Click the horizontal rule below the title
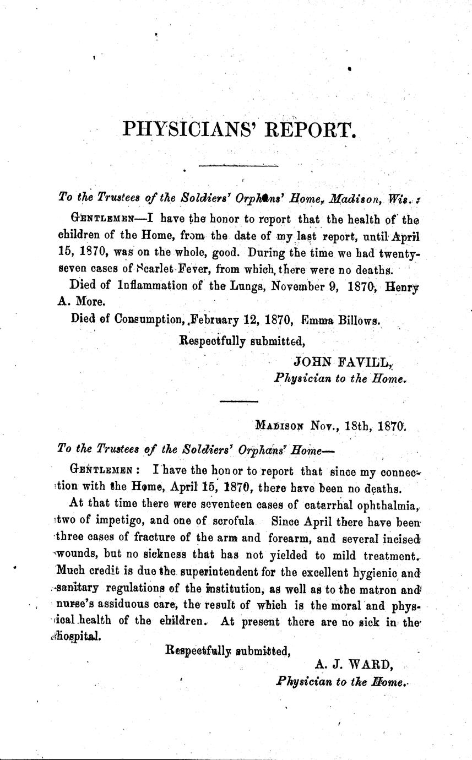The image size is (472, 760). click(x=238, y=165)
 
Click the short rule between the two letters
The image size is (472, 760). click(x=235, y=401)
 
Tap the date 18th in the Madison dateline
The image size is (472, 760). click(x=356, y=425)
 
